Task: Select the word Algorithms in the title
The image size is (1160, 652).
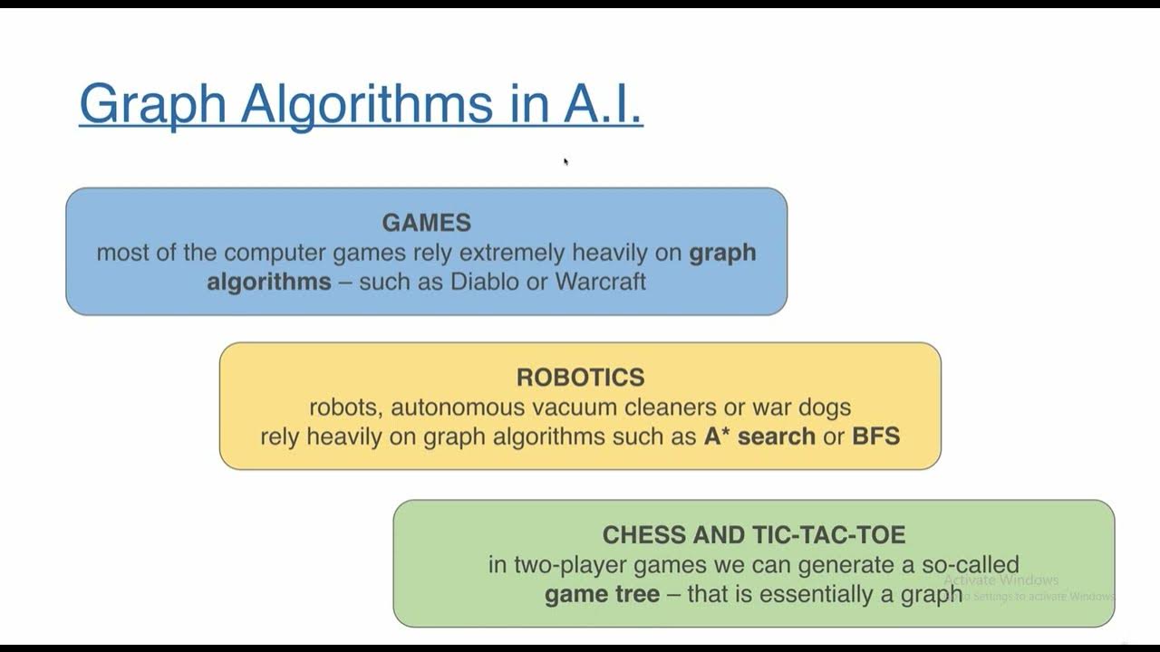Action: (366, 103)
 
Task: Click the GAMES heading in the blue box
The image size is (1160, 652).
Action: (426, 223)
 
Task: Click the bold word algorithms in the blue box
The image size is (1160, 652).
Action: (269, 281)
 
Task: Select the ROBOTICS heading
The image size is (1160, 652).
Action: (580, 377)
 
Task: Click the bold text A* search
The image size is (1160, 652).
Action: (759, 436)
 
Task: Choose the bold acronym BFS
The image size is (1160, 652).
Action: (875, 436)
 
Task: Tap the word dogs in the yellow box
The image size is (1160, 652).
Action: (824, 407)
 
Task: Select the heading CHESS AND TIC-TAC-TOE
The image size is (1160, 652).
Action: (754, 534)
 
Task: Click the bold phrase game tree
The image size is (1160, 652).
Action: (602, 595)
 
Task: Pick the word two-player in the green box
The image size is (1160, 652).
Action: (567, 565)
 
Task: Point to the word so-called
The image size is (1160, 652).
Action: (971, 565)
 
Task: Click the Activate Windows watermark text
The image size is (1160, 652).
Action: (1001, 580)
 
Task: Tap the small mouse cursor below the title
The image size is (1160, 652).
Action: (565, 161)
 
